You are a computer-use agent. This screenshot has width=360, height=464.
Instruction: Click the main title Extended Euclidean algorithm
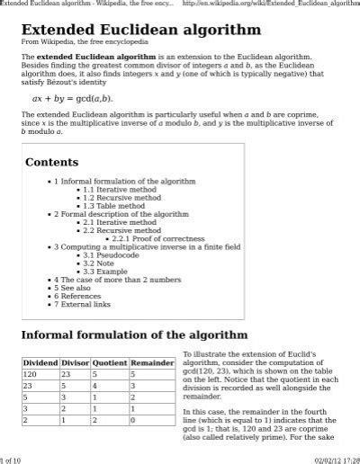(134, 30)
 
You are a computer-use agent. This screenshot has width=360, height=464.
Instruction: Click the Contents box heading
(51, 162)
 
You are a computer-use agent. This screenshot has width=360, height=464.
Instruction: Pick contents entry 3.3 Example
(102, 271)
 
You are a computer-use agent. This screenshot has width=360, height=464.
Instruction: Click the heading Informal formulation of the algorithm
(134, 335)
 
